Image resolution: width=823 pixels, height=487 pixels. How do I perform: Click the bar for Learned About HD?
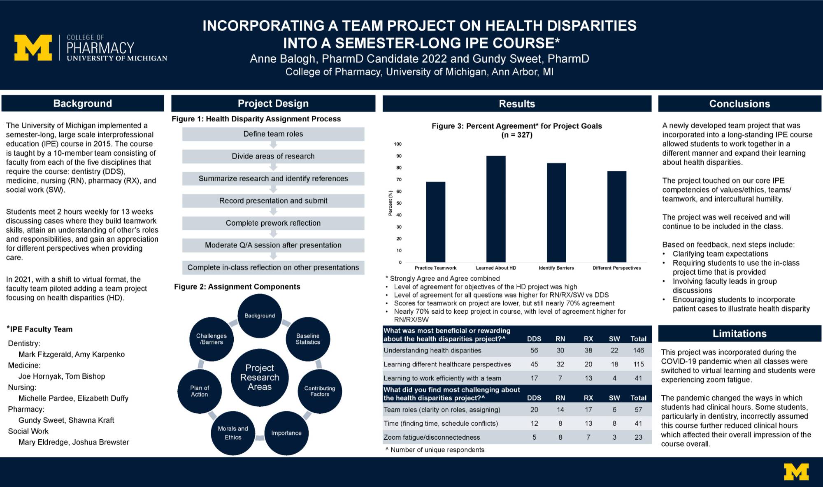pos(496,209)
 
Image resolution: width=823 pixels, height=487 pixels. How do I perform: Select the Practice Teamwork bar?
pos(435,222)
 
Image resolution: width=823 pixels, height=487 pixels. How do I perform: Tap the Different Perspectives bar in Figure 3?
pos(616,217)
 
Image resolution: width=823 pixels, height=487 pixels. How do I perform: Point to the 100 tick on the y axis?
pos(398,144)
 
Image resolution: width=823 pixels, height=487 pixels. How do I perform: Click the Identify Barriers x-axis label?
pos(556,268)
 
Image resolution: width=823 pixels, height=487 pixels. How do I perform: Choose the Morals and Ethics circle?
pos(233,433)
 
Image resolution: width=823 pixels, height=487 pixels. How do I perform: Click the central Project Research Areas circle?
pos(260,377)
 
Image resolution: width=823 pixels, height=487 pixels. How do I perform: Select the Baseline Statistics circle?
pos(308,339)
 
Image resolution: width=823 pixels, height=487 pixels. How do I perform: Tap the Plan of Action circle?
pos(200,391)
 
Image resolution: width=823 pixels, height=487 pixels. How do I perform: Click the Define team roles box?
pos(273,134)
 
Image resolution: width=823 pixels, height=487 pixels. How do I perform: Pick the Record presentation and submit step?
pos(273,201)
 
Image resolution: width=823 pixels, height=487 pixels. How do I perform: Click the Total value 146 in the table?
pos(638,350)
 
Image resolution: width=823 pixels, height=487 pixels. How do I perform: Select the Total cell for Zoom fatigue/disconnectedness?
pos(638,437)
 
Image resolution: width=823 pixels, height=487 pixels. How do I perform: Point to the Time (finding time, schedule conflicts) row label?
pos(440,423)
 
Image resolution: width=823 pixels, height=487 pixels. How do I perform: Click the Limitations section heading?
pos(739,333)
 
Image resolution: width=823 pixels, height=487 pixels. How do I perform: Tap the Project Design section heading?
pos(273,103)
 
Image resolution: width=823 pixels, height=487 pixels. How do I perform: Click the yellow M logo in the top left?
pos(33,48)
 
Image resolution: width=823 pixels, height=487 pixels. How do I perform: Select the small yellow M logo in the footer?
pos(796,472)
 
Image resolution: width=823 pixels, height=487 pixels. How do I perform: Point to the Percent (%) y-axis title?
pos(391,203)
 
